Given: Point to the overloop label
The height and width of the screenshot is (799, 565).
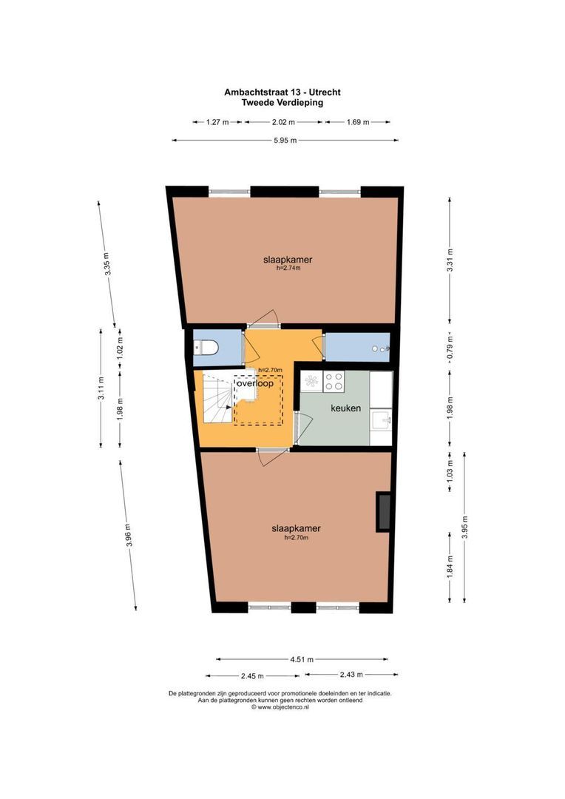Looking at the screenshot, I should coord(255,383).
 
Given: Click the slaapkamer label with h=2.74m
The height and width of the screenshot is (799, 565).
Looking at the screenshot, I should coord(288,260).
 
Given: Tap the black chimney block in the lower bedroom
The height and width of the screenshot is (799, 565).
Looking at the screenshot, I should coord(384,511).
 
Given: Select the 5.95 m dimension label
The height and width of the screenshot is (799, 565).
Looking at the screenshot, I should coord(285,141).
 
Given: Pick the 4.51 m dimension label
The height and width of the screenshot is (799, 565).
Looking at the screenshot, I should coord(302,658).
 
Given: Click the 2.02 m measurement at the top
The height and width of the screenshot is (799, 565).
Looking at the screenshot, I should coord(283,122).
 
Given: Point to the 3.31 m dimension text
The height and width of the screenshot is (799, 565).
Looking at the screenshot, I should coord(450,260).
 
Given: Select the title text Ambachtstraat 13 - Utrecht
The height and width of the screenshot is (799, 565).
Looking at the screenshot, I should coord(282,92).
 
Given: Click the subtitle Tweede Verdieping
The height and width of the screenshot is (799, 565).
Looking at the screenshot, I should coord(282,103).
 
